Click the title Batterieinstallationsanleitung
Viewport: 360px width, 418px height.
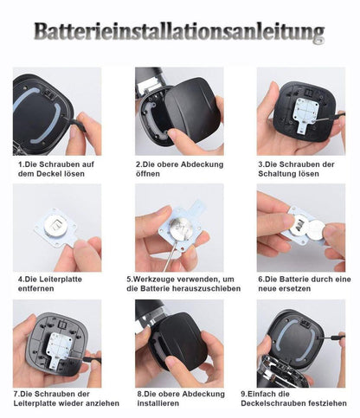click(x=179, y=31)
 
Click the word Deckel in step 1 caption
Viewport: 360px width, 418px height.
click(x=47, y=174)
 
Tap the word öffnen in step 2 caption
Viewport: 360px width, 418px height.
click(x=148, y=174)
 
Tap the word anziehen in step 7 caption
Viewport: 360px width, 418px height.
click(x=103, y=403)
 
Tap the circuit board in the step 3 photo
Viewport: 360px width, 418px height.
click(x=306, y=115)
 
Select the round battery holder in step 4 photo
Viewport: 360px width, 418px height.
click(x=57, y=226)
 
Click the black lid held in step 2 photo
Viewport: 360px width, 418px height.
click(x=190, y=110)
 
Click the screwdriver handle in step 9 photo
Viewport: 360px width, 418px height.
click(x=337, y=337)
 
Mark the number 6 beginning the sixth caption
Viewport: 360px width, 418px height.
click(x=260, y=280)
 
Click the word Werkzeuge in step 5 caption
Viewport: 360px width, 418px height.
click(x=155, y=280)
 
